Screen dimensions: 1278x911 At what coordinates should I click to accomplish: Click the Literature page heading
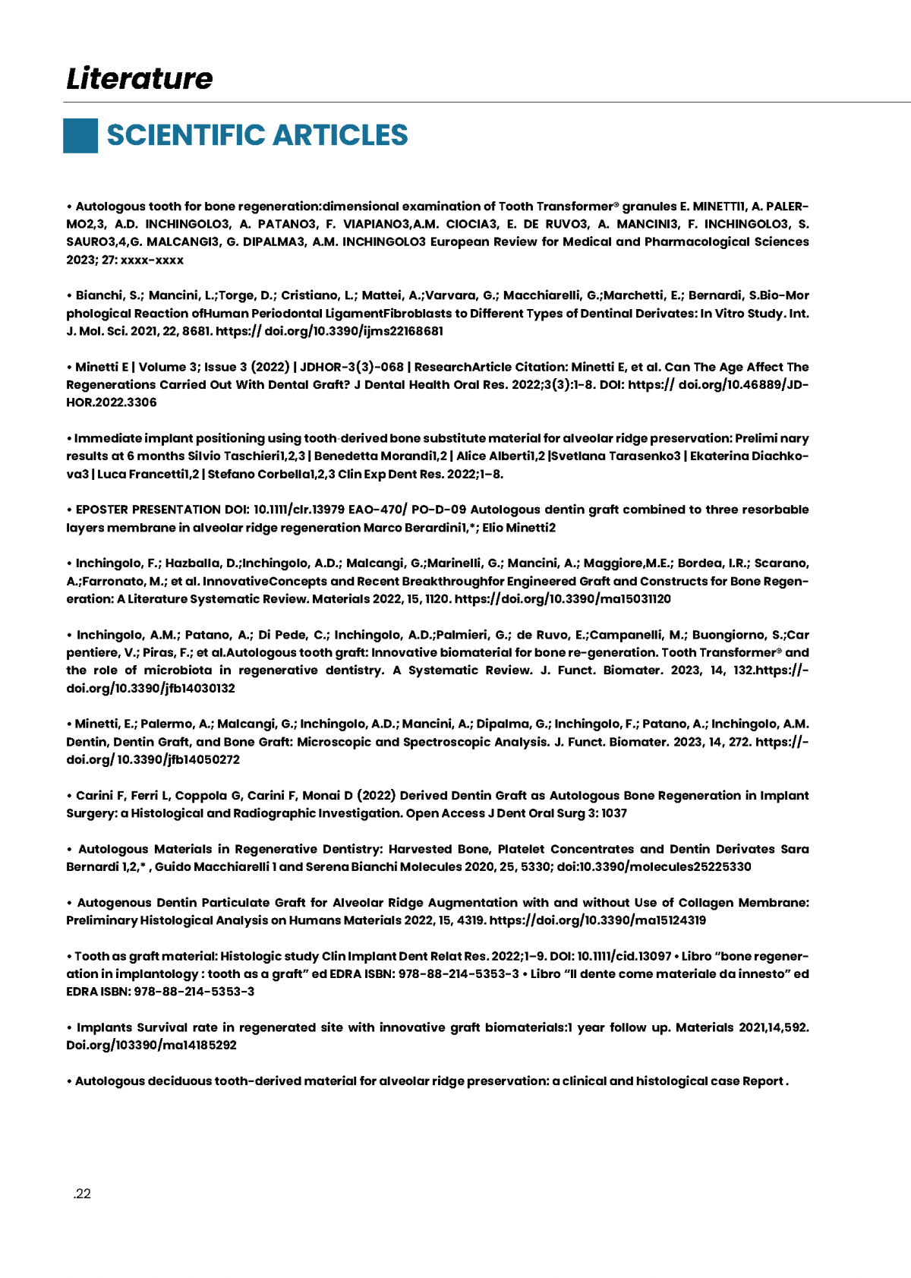point(140,78)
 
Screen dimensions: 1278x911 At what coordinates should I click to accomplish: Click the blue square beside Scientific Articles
point(80,136)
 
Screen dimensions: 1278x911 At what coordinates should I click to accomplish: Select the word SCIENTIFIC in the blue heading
point(186,135)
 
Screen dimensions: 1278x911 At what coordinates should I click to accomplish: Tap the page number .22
point(82,1194)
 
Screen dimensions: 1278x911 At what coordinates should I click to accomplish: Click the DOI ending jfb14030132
point(150,688)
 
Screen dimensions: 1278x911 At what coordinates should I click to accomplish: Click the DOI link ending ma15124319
point(597,920)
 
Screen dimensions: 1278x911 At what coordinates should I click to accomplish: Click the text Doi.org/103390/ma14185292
point(151,1045)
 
